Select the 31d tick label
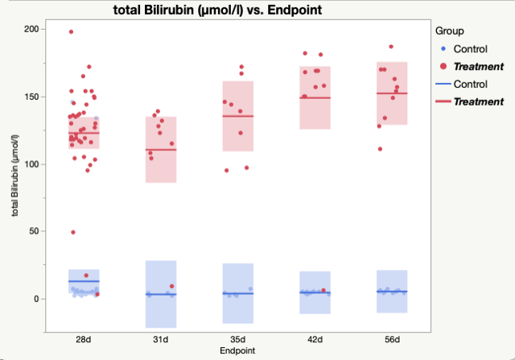(x=161, y=340)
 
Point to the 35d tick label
(x=237, y=340)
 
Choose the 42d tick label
(x=315, y=340)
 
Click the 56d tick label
(x=392, y=340)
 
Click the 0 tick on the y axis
(x=37, y=299)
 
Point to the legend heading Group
(x=448, y=31)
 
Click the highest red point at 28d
(x=71, y=31)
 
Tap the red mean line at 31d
(x=161, y=150)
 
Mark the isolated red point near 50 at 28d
(x=73, y=232)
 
